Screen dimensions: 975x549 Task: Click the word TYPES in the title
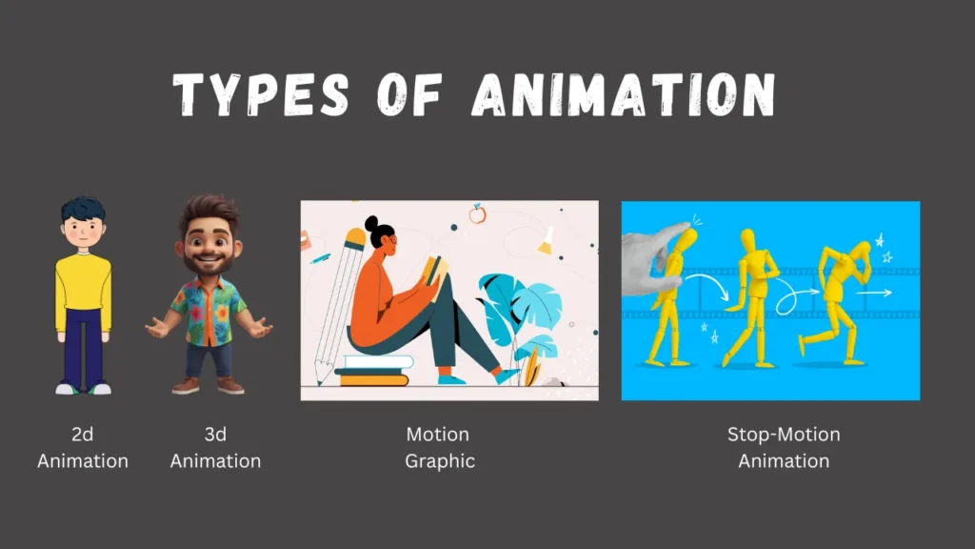click(261, 94)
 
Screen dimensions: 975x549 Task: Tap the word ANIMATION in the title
click(624, 94)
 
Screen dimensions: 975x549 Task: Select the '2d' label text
click(83, 434)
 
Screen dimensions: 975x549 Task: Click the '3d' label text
click(215, 434)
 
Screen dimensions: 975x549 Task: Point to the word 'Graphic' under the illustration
click(440, 461)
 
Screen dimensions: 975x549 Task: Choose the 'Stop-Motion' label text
click(784, 434)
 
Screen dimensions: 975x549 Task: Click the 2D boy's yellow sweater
click(84, 291)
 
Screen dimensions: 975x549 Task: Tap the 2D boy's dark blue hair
click(83, 210)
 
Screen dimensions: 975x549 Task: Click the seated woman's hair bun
click(371, 223)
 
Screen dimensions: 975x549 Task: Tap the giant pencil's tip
click(320, 381)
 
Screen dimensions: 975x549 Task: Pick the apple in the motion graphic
click(477, 213)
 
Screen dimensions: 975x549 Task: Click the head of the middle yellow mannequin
click(748, 240)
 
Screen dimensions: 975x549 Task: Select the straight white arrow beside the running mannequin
click(874, 292)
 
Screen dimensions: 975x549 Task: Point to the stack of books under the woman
click(373, 371)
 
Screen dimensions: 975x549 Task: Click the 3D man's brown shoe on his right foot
click(186, 386)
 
